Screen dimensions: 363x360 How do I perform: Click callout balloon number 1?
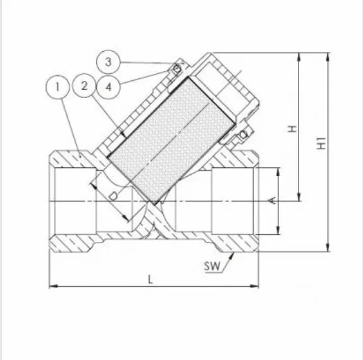click(58, 87)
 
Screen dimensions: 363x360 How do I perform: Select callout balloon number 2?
click(84, 85)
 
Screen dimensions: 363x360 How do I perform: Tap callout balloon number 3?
click(108, 62)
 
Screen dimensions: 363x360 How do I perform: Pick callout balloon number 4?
click(108, 87)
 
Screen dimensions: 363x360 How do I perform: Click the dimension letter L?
click(151, 280)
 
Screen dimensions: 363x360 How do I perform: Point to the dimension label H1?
click(321, 143)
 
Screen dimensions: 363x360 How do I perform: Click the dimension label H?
click(292, 129)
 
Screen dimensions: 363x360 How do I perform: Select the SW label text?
click(212, 266)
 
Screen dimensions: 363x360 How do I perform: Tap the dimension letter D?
click(113, 196)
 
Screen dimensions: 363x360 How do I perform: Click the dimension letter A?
click(273, 200)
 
